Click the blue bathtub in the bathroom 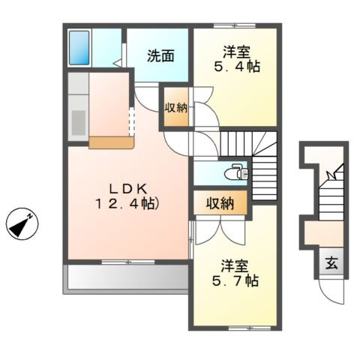point(79,47)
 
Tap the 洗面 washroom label point(160,55)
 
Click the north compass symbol point(22,223)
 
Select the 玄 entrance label point(331,263)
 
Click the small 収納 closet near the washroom point(176,108)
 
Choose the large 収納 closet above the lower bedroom point(219,202)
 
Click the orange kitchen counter point(110,141)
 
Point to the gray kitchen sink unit point(78,106)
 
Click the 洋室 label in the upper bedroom point(236,52)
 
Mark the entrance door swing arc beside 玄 point(328,289)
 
